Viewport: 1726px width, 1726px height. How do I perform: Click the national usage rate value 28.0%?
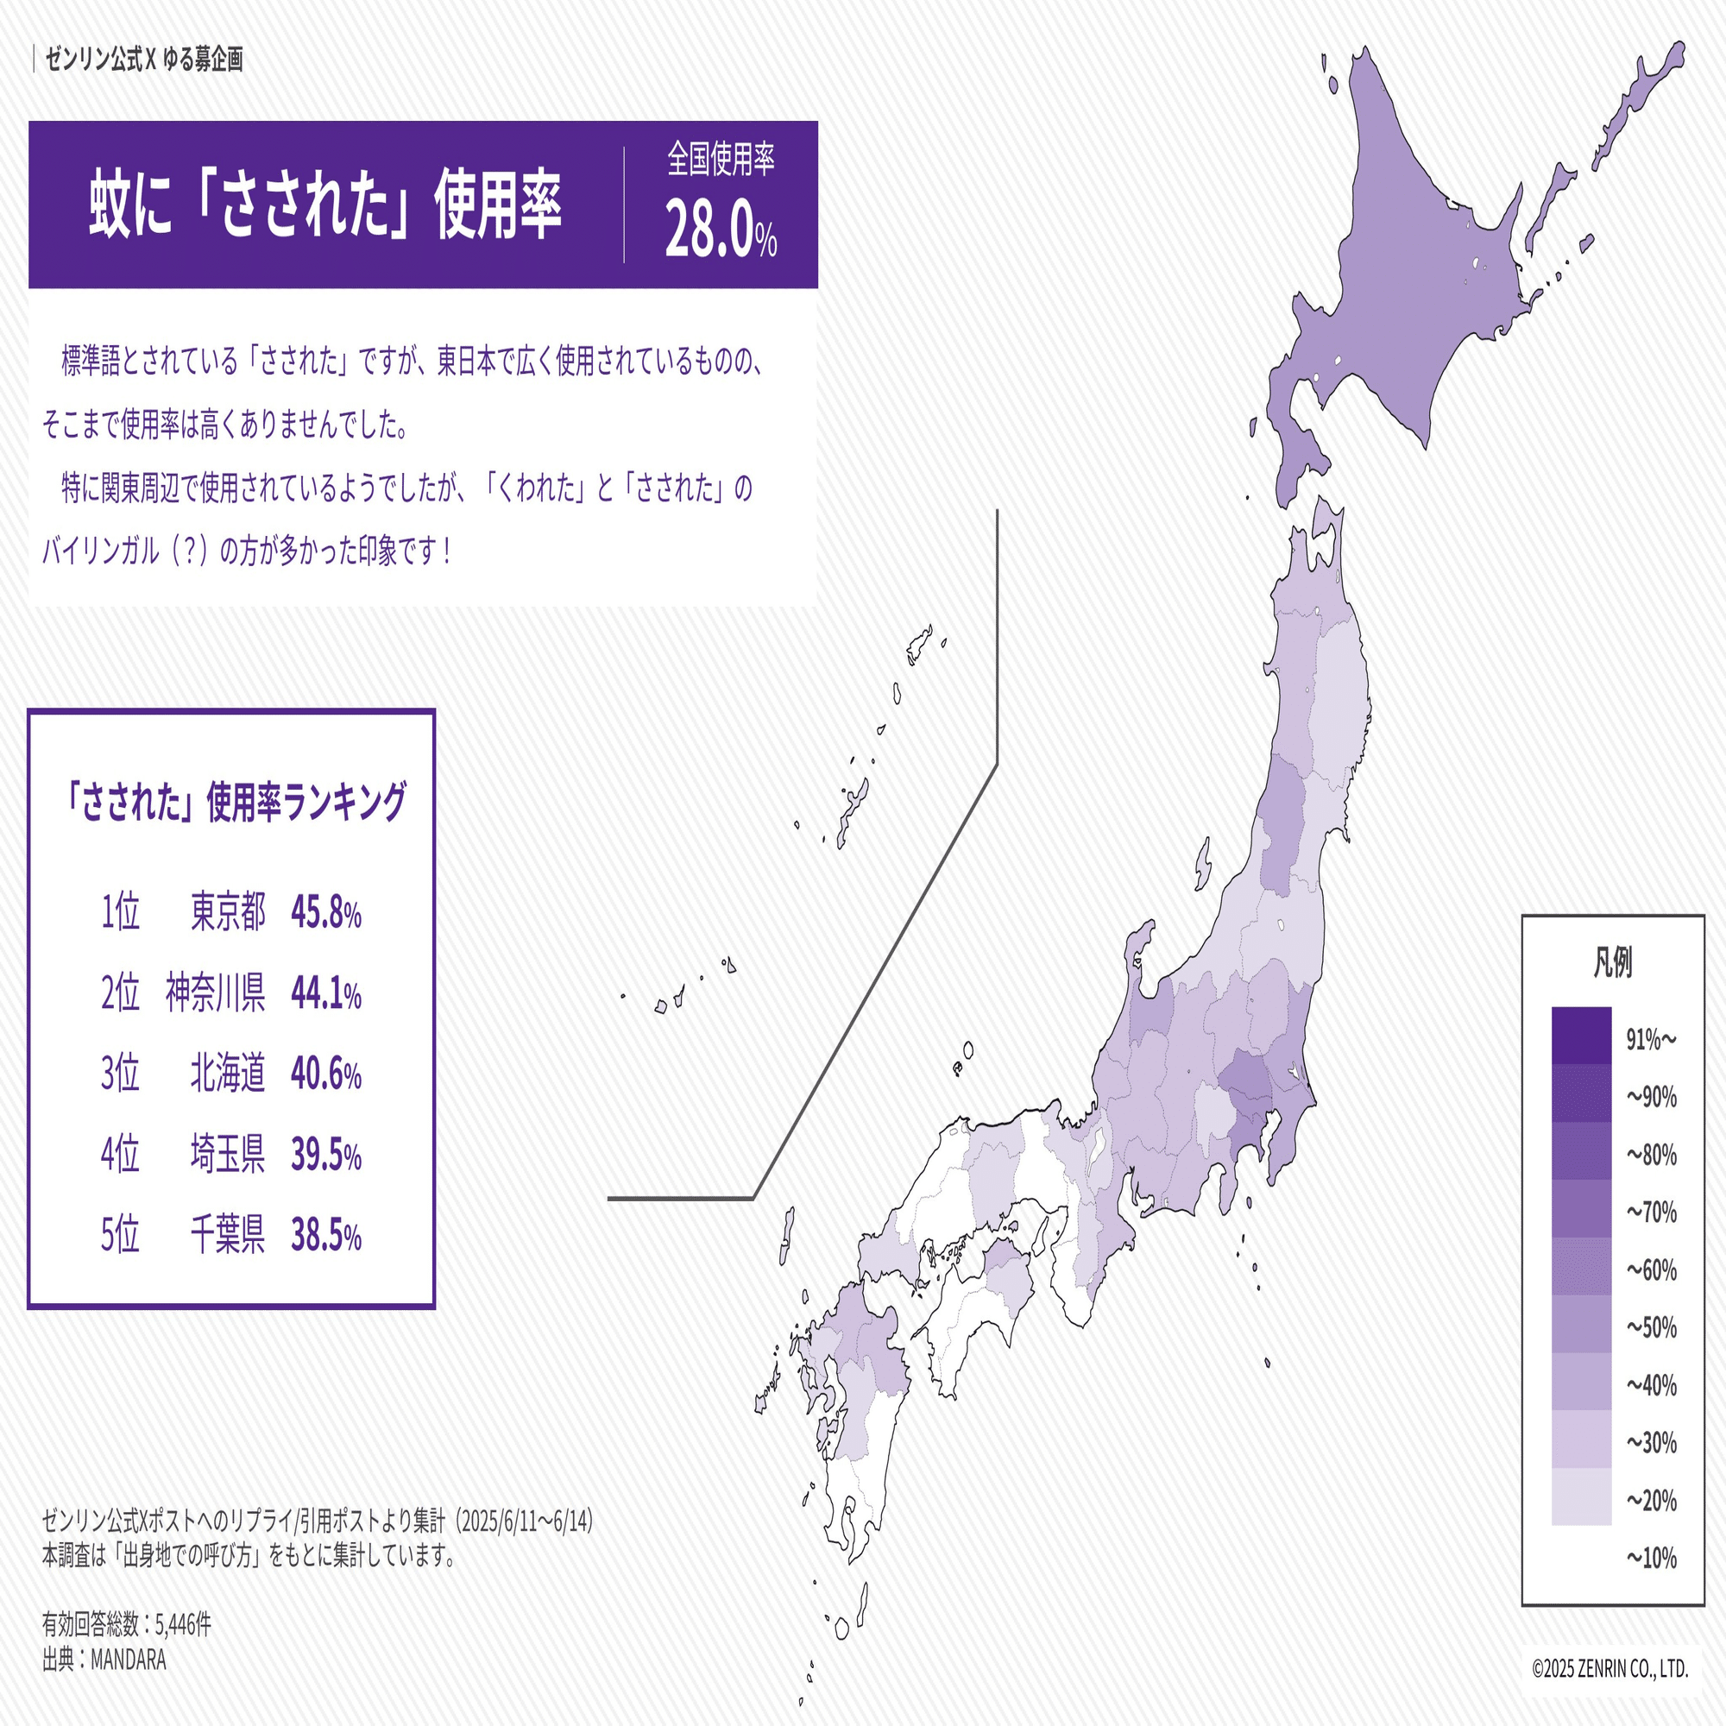pos(720,229)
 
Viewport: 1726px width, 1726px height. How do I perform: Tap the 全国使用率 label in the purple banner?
pos(720,159)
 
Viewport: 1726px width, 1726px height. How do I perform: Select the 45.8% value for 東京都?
pos(326,913)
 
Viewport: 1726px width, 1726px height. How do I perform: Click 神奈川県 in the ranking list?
pos(215,993)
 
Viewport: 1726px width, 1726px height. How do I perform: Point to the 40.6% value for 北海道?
pos(326,1074)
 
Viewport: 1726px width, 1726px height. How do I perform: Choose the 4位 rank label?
pos(120,1154)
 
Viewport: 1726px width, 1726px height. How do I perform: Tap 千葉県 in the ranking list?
pos(228,1236)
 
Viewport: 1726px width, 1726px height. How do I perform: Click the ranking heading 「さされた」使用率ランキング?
pos(234,802)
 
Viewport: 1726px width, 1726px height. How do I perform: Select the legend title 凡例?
pos(1613,963)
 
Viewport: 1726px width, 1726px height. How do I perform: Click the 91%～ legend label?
pos(1651,1039)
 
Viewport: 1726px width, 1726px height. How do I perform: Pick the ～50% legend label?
pos(1651,1327)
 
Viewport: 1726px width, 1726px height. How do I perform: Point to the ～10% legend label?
pos(1651,1558)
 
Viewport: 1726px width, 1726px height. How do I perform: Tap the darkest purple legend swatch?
pos(1581,1036)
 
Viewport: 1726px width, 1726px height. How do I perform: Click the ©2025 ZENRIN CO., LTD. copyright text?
pos(1609,1669)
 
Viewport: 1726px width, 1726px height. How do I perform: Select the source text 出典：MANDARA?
pos(104,1660)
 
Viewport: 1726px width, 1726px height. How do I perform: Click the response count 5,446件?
pos(183,1624)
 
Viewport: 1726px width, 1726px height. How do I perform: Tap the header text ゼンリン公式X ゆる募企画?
pos(144,60)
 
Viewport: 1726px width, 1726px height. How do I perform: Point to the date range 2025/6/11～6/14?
pos(526,1521)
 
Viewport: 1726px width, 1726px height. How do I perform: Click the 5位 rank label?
pos(120,1236)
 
